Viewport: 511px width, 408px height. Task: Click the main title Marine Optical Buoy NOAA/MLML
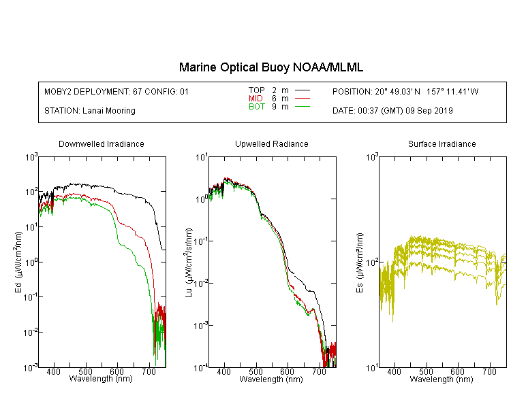tap(270, 67)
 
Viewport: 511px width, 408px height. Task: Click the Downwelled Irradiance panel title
tap(102, 143)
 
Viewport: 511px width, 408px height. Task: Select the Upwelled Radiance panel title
tap(272, 143)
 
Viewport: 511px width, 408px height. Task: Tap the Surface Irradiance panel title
tap(442, 143)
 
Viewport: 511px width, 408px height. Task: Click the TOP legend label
tap(256, 90)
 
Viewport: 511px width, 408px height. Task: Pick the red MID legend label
tap(255, 98)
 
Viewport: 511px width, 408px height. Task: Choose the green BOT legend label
tap(256, 107)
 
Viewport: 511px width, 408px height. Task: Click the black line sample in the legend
tap(303, 90)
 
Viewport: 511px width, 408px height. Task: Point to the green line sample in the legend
tap(303, 106)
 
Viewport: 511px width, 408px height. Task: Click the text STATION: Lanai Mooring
tap(90, 111)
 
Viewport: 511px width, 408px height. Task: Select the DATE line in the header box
tap(392, 111)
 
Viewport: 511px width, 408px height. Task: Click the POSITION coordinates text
tap(405, 91)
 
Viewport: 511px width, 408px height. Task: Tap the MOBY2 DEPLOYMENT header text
tap(117, 91)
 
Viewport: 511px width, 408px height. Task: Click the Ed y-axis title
tap(18, 262)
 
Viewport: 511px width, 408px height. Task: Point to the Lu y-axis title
tap(189, 262)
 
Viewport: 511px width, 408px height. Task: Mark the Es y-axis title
tap(360, 262)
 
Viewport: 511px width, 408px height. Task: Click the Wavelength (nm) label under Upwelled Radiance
tap(271, 379)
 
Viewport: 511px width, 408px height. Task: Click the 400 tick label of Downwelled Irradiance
tap(53, 371)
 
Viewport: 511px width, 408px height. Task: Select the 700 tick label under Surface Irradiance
tap(489, 371)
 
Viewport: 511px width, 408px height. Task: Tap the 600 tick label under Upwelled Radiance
tap(287, 371)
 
